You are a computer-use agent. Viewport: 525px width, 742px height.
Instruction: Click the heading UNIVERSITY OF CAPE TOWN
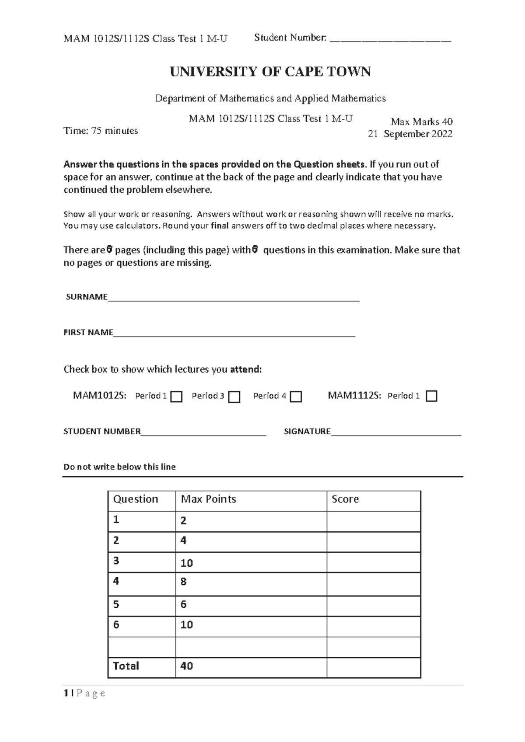270,72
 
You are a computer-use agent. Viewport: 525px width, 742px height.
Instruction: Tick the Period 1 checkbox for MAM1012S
176,397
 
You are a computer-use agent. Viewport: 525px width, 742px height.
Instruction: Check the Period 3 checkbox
234,397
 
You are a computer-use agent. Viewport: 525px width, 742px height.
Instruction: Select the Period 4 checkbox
296,397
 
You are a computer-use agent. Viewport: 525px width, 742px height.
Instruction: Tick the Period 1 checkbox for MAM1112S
431,396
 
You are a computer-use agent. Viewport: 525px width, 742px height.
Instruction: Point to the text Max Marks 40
421,121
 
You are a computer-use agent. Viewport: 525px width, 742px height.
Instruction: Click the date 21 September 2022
410,134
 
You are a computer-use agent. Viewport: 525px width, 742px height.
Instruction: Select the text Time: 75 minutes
101,131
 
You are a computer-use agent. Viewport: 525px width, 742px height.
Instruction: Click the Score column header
345,499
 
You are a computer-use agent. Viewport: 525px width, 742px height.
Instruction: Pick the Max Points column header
208,499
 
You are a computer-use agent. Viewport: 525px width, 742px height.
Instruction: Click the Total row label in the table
126,666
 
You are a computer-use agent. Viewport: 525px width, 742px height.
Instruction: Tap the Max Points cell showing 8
183,582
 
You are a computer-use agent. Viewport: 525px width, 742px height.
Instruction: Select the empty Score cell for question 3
373,562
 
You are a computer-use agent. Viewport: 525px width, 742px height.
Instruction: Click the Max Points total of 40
187,666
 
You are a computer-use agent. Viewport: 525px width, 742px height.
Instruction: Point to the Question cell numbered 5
116,604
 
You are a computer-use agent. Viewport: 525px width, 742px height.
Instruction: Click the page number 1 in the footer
66,693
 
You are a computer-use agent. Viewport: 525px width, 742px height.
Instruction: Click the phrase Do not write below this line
119,467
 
